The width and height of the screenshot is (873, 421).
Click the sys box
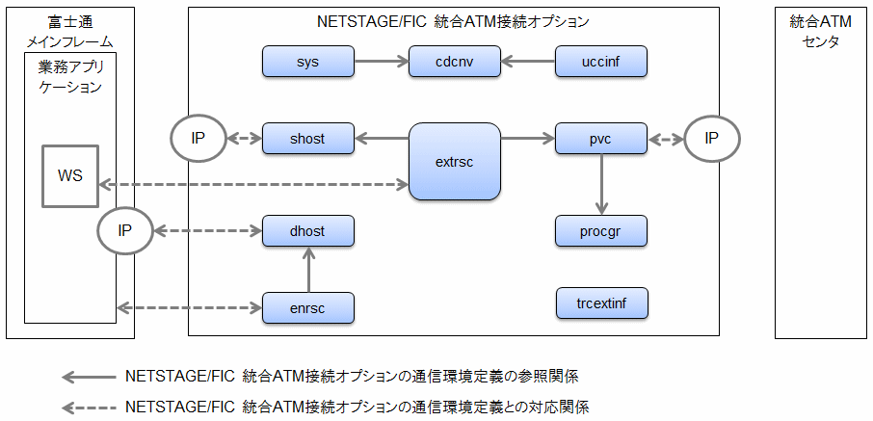(308, 62)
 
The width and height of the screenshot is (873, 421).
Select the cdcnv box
(454, 62)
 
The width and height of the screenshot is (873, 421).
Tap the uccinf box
(601, 62)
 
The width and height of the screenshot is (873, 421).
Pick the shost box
(308, 138)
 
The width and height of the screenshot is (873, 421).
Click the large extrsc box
(454, 162)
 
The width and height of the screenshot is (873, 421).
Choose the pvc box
(601, 138)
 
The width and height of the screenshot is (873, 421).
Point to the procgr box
(601, 230)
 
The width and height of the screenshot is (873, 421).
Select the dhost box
(308, 230)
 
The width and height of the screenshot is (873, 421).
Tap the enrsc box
(308, 307)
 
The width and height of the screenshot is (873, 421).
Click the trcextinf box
(601, 303)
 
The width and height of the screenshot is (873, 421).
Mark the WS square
(70, 176)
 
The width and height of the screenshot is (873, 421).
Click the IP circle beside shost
(198, 138)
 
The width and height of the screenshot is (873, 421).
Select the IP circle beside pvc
(711, 138)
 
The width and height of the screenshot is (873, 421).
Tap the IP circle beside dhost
(124, 230)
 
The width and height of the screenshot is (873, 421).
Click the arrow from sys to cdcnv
(382, 62)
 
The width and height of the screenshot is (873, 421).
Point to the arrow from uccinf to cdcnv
(528, 62)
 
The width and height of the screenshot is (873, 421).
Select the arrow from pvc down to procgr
(601, 184)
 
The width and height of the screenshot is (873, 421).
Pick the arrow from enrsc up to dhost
(308, 269)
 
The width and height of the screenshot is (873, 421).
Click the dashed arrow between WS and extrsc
(253, 184)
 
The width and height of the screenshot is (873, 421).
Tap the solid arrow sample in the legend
(90, 377)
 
